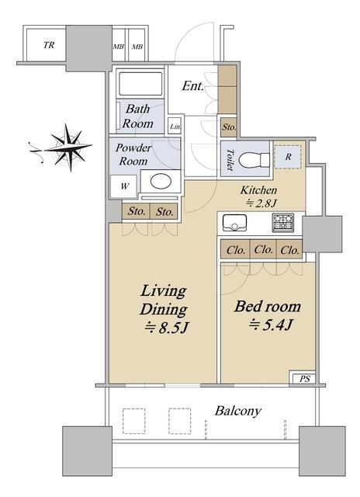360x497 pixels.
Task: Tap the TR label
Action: click(x=49, y=45)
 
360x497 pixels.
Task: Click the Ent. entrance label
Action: click(x=192, y=85)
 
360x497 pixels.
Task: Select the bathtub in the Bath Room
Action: click(x=140, y=84)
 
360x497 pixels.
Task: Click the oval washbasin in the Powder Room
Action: click(x=161, y=182)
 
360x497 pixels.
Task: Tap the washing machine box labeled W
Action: click(x=124, y=186)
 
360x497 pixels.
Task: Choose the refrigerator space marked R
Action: click(x=288, y=157)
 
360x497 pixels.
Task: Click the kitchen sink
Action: click(x=234, y=223)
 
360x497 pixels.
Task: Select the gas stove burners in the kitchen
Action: click(x=282, y=223)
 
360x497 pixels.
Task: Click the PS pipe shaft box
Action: click(x=303, y=378)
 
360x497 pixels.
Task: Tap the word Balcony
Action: click(x=238, y=411)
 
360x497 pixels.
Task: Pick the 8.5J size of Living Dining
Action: click(x=166, y=328)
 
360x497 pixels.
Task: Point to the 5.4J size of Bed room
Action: click(x=270, y=325)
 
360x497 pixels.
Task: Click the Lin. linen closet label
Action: click(x=175, y=127)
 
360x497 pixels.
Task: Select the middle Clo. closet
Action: click(x=263, y=250)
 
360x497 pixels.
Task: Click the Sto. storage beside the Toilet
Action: click(x=229, y=127)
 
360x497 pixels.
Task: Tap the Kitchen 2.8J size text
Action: click(x=261, y=203)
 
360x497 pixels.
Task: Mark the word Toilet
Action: click(x=230, y=160)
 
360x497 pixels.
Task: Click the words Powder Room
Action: click(x=133, y=155)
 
